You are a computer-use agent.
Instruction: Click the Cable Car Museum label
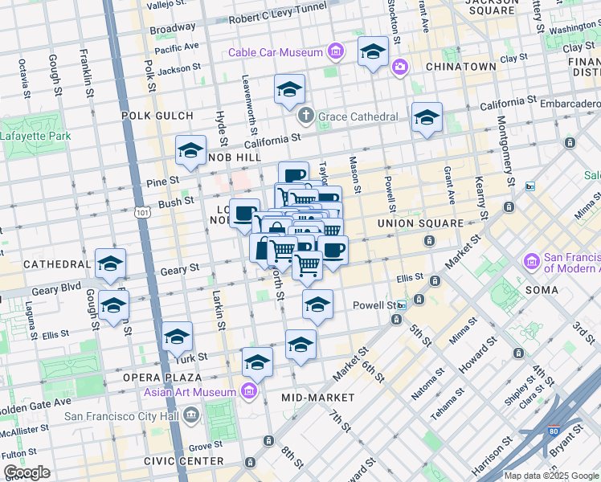[x=275, y=53]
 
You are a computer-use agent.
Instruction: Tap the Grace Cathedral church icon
[x=305, y=116]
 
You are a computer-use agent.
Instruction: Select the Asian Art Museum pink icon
[x=249, y=392]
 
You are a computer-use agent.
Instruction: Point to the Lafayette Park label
[x=35, y=136]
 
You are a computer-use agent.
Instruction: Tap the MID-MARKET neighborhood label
[x=318, y=398]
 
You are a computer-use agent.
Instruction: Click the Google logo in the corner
[x=27, y=472]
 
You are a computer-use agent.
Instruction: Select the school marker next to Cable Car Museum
[x=373, y=52]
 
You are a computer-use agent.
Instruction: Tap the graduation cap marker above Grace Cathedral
[x=289, y=90]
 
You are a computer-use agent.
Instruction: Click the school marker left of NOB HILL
[x=191, y=150]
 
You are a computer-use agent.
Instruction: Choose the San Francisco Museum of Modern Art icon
[x=531, y=261]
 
